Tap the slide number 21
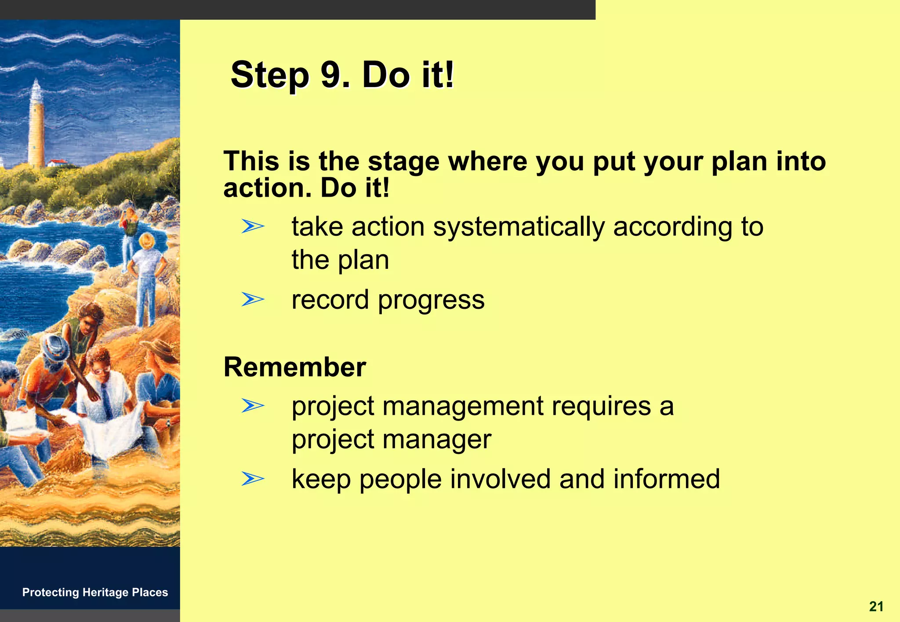pos(876,607)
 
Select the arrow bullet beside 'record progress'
pos(253,300)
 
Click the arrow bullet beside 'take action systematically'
pos(253,227)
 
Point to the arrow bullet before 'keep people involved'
pos(253,479)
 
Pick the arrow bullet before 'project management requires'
pos(253,405)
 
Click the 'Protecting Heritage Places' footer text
pos(95,592)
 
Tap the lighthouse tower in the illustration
pos(36,128)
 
